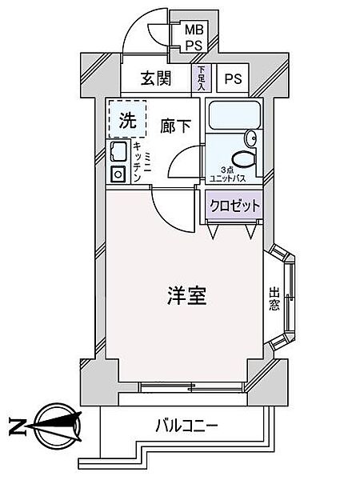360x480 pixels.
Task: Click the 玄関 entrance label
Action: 156,78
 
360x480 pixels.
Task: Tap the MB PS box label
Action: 194,38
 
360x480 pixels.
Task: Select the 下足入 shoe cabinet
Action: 201,78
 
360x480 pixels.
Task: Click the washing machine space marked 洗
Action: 128,119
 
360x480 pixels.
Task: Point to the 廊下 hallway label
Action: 175,126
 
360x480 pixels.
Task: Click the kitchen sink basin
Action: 118,151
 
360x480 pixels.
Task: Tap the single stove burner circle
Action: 118,174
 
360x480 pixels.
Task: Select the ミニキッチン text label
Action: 142,162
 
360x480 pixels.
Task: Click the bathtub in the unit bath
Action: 234,115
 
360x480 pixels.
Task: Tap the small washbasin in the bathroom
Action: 251,138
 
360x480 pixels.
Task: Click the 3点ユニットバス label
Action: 227,174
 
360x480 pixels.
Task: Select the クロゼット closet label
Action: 234,206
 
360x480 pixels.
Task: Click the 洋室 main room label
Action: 187,295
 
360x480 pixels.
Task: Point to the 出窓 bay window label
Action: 274,298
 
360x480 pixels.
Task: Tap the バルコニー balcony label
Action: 186,426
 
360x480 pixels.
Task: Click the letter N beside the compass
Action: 17,426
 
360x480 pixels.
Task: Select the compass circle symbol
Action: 58,426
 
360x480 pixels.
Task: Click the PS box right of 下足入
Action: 234,78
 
